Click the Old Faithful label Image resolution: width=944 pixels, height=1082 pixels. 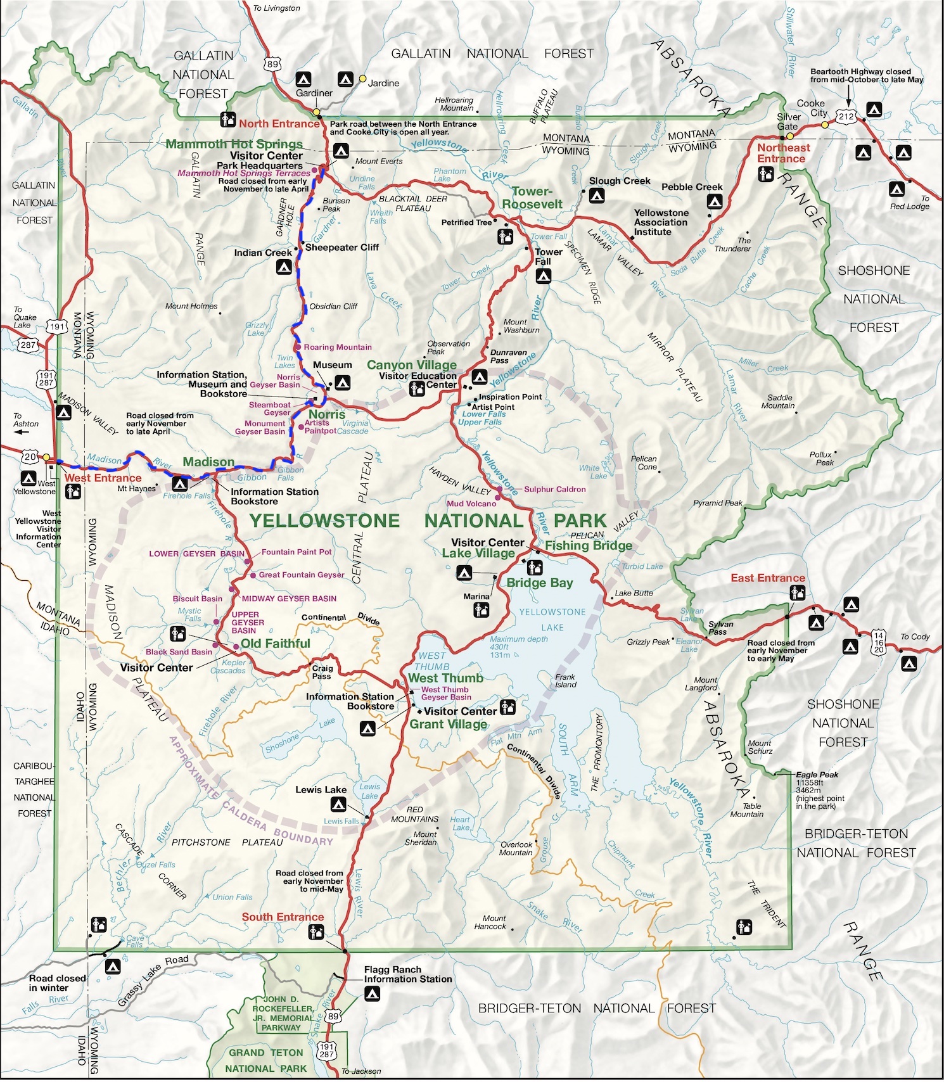tap(275, 644)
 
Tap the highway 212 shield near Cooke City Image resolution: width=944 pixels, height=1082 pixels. tap(846, 117)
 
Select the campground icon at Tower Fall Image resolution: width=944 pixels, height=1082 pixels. tap(543, 276)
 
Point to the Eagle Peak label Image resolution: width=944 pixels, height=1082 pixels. tap(817, 774)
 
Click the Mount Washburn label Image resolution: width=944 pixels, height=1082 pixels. tap(521, 326)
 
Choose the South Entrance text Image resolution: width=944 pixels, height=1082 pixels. tap(283, 917)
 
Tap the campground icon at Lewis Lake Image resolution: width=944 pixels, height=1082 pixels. tap(338, 805)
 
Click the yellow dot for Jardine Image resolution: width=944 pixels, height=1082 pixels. tap(362, 79)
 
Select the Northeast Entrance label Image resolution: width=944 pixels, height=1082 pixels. tap(783, 153)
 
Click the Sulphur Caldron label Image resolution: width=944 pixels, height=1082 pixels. tap(554, 489)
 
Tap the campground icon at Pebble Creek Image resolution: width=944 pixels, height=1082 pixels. tap(714, 202)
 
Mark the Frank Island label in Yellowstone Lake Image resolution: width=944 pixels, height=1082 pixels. tap(565, 680)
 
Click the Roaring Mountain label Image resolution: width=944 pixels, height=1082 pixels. tap(337, 347)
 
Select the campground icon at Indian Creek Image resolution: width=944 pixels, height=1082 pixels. tap(284, 267)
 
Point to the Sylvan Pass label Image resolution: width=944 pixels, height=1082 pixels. tap(720, 628)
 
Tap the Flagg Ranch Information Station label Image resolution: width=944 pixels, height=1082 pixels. tap(407, 974)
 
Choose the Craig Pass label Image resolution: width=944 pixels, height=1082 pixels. tap(322, 672)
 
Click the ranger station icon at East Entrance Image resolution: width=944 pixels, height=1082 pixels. tap(797, 593)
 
